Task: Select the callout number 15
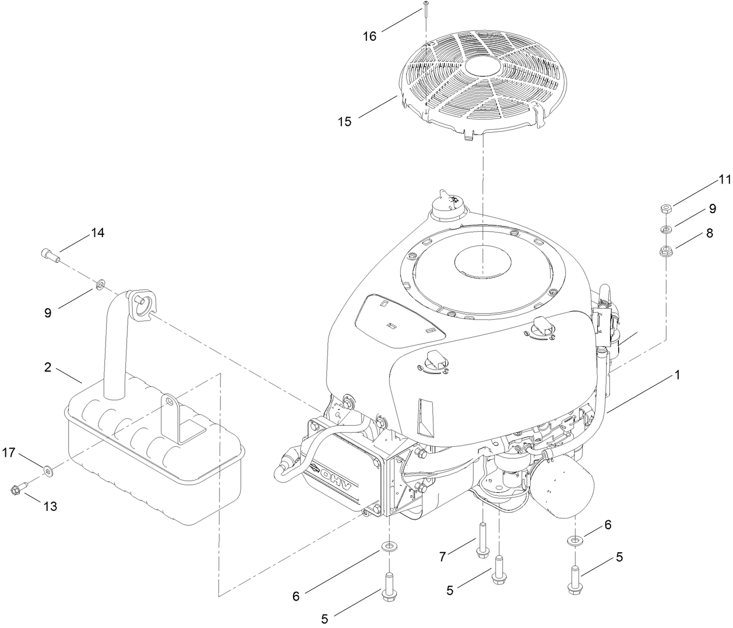344,122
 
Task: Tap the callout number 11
724,180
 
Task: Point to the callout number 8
709,233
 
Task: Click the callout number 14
97,233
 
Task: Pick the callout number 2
48,368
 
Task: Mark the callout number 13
51,506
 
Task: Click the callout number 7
442,557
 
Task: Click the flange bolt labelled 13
17,489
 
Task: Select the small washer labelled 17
47,469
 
